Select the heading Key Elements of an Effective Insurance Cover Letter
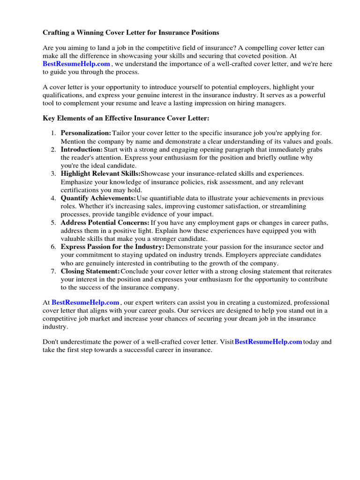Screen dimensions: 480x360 point(126,119)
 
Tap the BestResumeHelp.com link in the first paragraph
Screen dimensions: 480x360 point(76,64)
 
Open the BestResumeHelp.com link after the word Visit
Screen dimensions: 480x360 point(268,342)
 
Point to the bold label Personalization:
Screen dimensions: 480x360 point(86,134)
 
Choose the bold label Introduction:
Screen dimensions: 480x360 point(82,150)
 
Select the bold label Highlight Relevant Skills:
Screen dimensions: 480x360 point(100,174)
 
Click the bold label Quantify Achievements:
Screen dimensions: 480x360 point(98,198)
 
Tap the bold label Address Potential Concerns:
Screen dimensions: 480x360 point(105,223)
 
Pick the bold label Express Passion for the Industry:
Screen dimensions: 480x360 point(112,247)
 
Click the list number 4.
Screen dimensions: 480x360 point(53,198)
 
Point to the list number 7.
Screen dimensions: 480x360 point(53,271)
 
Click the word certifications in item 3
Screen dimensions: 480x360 point(80,190)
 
